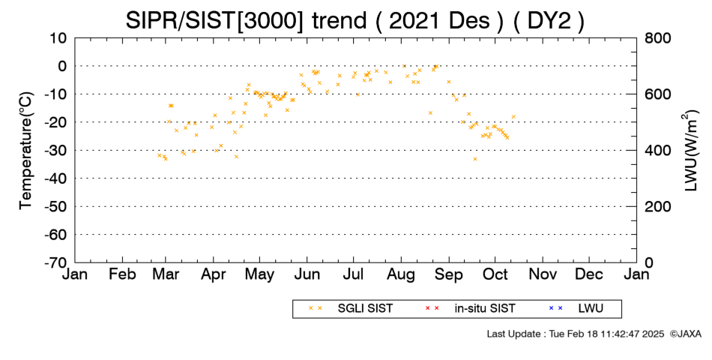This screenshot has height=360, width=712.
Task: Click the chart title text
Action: tap(355, 20)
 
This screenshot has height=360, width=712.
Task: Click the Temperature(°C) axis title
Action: tap(26, 151)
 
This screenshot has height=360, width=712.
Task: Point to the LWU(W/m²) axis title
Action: tap(690, 151)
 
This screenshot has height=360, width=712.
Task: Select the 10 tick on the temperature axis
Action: tap(58, 38)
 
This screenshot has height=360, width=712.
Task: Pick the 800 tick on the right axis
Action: tap(657, 38)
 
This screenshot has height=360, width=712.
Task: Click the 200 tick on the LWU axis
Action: tap(657, 207)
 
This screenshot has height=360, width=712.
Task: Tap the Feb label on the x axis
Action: tap(123, 274)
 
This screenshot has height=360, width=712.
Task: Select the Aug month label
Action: tap(402, 274)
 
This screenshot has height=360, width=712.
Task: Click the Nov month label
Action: tap(543, 274)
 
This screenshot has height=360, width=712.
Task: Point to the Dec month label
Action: tap(589, 274)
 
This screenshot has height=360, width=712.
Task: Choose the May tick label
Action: tap(260, 274)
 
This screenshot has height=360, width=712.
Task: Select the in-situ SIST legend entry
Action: tap(470, 309)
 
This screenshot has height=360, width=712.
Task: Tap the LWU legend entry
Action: tap(576, 309)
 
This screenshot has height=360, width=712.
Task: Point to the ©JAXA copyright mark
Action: tap(685, 334)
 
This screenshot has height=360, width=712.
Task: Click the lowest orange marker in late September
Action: tap(475, 159)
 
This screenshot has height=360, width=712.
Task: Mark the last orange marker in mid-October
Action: tap(513, 117)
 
